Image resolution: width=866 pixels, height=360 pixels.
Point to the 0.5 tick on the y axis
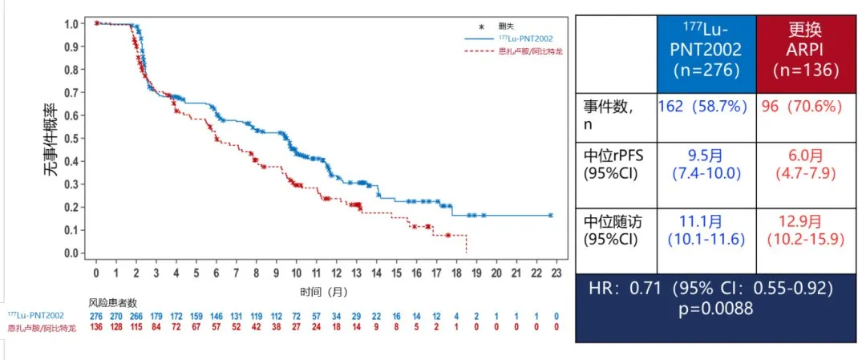click(x=73, y=138)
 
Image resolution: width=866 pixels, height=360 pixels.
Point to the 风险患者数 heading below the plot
click(x=113, y=302)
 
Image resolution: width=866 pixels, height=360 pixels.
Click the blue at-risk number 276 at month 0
click(x=96, y=317)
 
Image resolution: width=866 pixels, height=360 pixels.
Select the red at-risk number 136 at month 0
click(x=96, y=328)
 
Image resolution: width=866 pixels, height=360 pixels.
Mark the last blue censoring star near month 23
click(x=550, y=215)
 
